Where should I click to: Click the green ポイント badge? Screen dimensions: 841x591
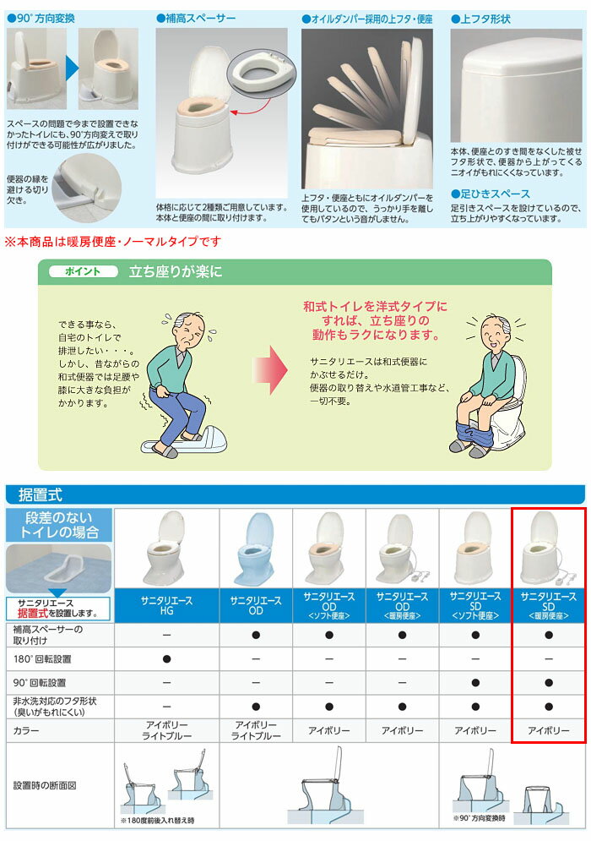[x=81, y=272]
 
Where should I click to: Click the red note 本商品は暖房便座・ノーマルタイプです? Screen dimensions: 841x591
[x=113, y=242]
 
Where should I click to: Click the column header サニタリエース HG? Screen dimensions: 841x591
[x=166, y=605]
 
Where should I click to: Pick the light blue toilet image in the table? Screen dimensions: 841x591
[x=256, y=549]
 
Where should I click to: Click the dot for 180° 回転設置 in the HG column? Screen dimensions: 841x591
[x=166, y=658]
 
